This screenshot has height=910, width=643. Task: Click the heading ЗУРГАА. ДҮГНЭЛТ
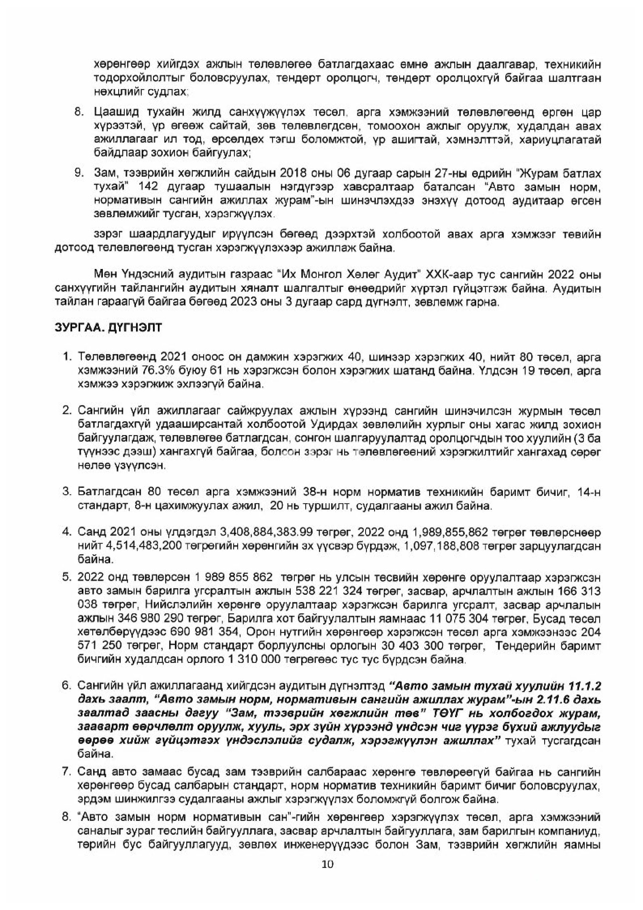[x=108, y=328]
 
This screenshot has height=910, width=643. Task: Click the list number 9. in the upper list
[x=80, y=173]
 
